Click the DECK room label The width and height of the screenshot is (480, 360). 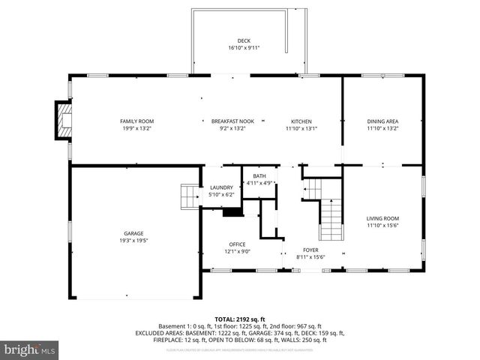(x=244, y=40)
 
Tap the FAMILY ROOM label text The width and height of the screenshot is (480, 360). (x=136, y=121)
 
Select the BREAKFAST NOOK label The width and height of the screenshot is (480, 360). (x=232, y=121)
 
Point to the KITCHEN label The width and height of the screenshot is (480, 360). (x=301, y=121)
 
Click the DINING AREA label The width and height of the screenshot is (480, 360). (x=382, y=121)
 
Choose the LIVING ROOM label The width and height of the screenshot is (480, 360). (x=382, y=217)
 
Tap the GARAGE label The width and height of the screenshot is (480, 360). (x=133, y=233)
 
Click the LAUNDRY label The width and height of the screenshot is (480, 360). (x=221, y=187)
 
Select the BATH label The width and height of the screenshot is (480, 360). (x=259, y=175)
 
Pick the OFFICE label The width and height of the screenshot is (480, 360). (x=237, y=244)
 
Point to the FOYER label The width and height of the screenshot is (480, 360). (x=310, y=250)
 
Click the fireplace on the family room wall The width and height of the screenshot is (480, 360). (x=62, y=121)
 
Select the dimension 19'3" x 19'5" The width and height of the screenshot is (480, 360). (x=133, y=241)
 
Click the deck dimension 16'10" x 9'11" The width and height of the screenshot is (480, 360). (x=244, y=48)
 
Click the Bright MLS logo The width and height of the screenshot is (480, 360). (x=30, y=349)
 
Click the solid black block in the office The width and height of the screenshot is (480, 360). (x=234, y=212)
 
